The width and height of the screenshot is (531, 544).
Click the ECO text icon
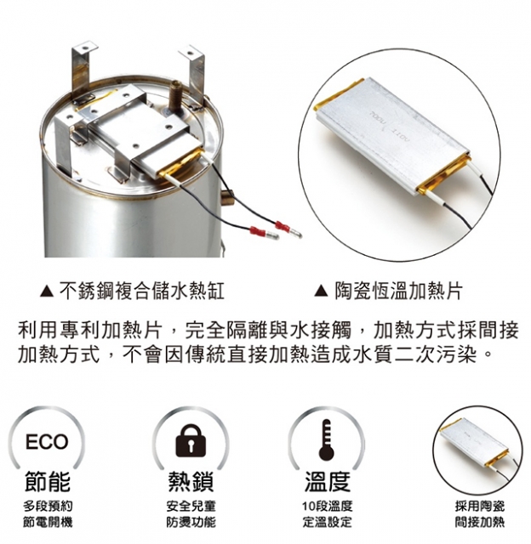point(47,441)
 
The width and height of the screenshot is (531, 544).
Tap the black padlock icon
point(191,440)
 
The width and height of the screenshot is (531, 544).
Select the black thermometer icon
point(326,439)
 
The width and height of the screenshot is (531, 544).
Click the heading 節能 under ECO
point(48,481)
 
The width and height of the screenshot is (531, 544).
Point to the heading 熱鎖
point(191,481)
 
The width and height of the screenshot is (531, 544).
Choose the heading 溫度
point(327,481)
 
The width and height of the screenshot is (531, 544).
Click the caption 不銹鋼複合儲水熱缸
point(142,291)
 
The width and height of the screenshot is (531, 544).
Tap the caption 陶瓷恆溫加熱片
point(399,291)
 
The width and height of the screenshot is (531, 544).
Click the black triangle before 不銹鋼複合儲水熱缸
point(47,292)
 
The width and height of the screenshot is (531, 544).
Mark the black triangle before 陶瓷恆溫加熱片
point(321,292)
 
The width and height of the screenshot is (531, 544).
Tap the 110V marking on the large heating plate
point(401,136)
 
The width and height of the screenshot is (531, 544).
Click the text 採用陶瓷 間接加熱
point(480,513)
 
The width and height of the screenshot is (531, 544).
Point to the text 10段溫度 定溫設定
point(327,513)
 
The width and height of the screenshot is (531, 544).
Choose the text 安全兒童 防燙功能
point(191,513)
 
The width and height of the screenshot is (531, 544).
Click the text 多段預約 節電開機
point(48,513)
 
